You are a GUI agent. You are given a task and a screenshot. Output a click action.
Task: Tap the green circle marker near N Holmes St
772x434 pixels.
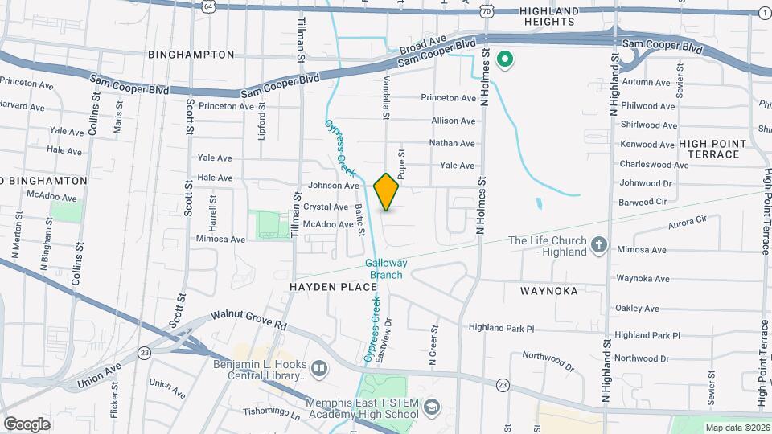click(506, 59)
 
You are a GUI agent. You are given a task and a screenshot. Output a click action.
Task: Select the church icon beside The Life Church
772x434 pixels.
click(598, 244)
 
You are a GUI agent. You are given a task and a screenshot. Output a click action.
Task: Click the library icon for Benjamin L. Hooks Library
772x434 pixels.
click(320, 368)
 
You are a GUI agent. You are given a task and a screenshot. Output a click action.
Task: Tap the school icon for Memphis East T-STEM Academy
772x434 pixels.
click(433, 408)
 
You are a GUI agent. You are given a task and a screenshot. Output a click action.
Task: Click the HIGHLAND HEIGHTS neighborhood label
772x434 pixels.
click(549, 16)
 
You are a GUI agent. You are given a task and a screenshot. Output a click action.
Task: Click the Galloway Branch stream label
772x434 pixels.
click(386, 269)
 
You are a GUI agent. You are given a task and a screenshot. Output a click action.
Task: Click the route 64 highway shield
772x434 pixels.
click(209, 6)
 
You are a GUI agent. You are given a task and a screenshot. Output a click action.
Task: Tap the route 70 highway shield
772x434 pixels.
click(487, 11)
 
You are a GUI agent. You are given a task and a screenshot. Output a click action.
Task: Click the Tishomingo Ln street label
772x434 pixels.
click(272, 415)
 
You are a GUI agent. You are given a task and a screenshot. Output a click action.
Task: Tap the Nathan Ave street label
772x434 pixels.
click(453, 143)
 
